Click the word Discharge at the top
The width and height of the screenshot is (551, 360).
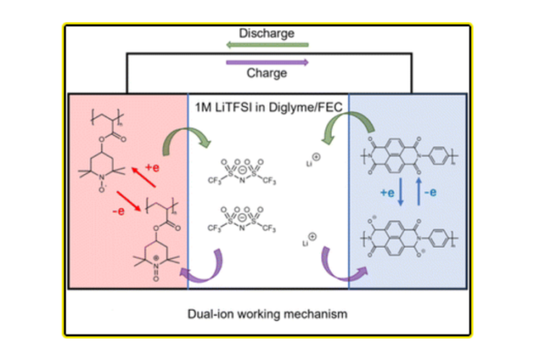268,34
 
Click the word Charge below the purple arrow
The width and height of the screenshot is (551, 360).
268,73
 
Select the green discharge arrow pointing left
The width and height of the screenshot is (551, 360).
268,46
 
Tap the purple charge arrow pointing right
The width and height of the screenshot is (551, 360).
268,60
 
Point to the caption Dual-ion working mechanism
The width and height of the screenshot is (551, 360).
268,314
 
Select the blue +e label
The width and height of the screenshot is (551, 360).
386,191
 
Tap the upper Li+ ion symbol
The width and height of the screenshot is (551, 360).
312,162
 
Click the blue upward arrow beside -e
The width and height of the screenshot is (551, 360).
418,191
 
